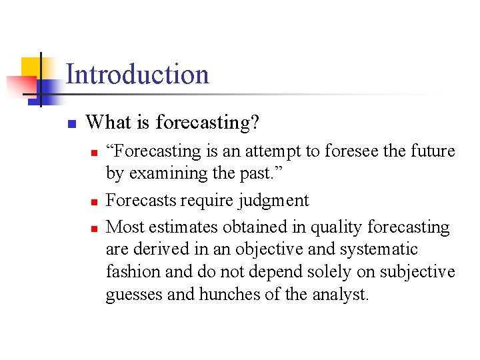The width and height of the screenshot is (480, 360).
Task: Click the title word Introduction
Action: pyautogui.click(x=137, y=74)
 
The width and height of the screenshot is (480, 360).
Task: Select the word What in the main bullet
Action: pyautogui.click(x=103, y=123)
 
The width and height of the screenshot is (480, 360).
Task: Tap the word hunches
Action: pyautogui.click(x=227, y=295)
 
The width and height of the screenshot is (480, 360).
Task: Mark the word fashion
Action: pyautogui.click(x=133, y=272)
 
